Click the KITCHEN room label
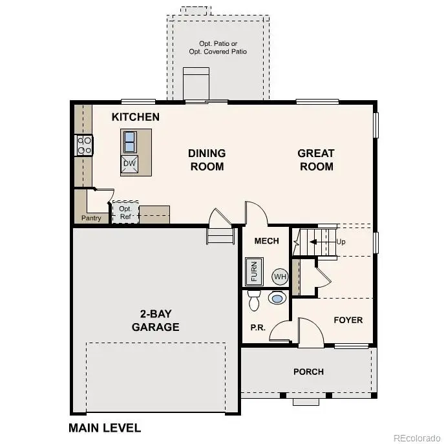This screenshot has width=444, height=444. [136, 117]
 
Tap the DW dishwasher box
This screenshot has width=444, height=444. [129, 164]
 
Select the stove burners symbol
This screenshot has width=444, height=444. [85, 145]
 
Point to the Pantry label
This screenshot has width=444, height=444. [91, 218]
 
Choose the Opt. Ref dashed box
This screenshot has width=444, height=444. [125, 212]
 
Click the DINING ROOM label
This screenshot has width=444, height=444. [207, 160]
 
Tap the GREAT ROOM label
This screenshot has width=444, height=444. [316, 160]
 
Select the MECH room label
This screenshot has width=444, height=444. [266, 241]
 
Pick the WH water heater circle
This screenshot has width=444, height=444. [279, 277]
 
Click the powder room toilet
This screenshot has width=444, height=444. [254, 300]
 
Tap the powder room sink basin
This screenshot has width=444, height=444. [277, 299]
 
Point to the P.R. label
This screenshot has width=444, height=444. [258, 328]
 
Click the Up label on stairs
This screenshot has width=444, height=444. [341, 242]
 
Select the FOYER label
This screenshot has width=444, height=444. [348, 320]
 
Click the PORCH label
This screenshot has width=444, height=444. [308, 372]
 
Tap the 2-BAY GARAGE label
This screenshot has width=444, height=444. [155, 321]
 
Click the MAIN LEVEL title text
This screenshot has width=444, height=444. [104, 428]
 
